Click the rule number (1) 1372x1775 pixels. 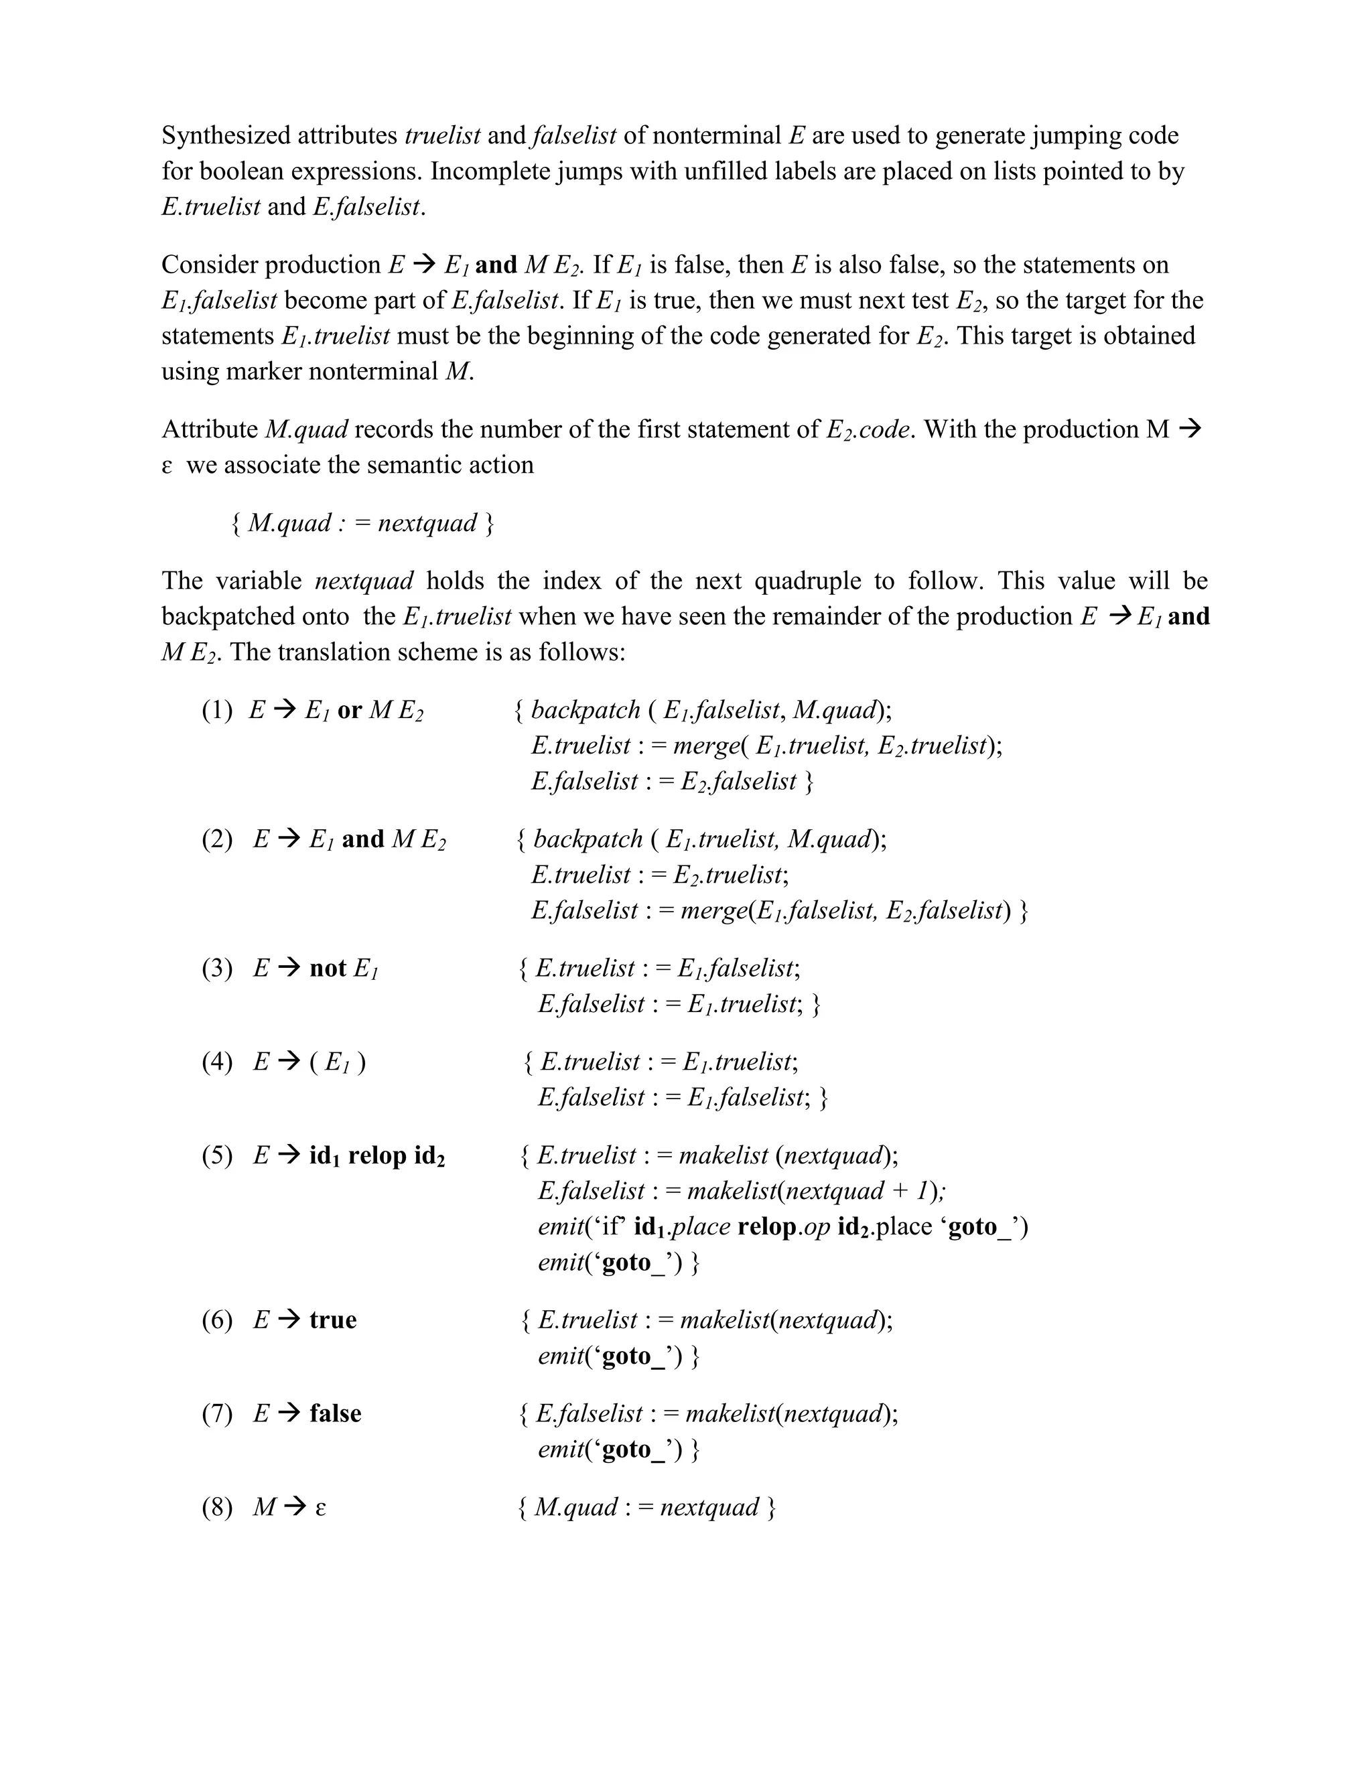[x=217, y=711]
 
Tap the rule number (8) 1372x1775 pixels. [x=217, y=1508]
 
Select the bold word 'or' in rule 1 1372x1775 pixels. [x=348, y=711]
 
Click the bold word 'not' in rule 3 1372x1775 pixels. [x=328, y=969]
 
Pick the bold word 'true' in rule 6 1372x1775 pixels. [x=332, y=1320]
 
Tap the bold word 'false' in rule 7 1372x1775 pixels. [x=335, y=1413]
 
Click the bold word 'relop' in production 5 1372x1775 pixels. [x=377, y=1155]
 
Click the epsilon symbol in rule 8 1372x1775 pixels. [x=320, y=1508]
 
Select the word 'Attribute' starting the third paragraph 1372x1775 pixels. [x=210, y=430]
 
